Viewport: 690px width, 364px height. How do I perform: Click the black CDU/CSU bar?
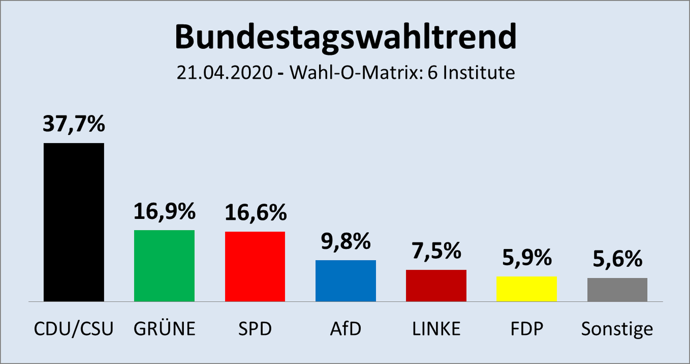pos(74,222)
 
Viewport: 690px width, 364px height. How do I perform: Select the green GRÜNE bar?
pos(164,266)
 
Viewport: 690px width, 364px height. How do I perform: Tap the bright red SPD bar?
pos(255,266)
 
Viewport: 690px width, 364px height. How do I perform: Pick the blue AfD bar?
pos(346,281)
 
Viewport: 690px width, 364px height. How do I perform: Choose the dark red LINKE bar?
pos(436,286)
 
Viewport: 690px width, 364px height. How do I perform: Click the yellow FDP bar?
pos(526,289)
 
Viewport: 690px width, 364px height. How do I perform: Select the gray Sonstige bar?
pos(617,289)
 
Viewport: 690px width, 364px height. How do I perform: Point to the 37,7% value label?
pos(74,124)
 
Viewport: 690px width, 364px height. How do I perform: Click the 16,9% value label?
pos(164,211)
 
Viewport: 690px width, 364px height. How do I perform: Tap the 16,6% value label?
pos(256,212)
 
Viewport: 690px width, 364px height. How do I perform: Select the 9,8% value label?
pos(346,242)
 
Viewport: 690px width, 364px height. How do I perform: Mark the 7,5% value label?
pos(436,251)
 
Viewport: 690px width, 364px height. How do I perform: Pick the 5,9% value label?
pos(527,258)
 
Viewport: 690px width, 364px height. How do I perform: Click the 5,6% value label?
pos(617,259)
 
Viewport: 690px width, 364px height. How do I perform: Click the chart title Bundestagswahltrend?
pos(345,37)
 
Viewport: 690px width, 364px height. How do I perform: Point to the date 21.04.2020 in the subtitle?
pos(225,73)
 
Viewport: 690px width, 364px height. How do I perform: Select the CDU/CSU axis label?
pos(74,329)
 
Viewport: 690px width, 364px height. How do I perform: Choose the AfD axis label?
pos(346,329)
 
